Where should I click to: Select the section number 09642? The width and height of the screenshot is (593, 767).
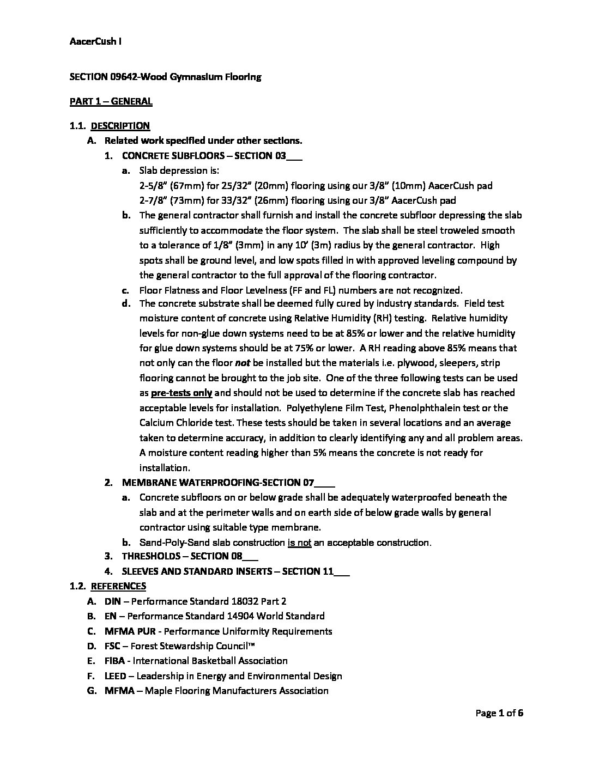tap(119, 77)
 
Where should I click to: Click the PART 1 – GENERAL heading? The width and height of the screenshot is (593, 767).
tap(111, 101)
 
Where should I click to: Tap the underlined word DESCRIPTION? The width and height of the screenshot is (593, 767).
tap(120, 126)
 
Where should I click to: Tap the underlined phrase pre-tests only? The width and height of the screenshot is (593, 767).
tap(181, 393)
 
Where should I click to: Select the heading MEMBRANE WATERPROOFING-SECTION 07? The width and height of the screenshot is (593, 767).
tap(228, 483)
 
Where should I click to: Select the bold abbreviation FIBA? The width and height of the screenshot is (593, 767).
tap(114, 661)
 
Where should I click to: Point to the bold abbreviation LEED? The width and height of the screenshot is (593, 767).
tap(115, 676)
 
